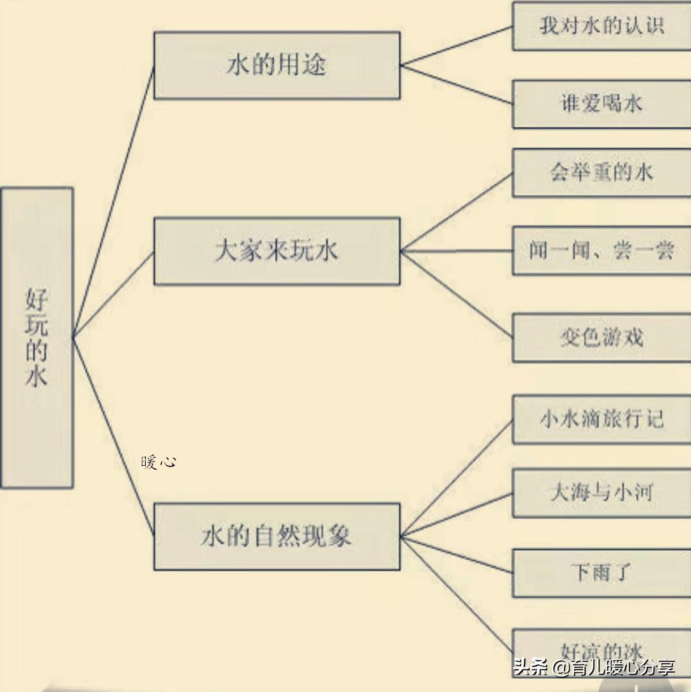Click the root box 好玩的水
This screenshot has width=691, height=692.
[37, 337]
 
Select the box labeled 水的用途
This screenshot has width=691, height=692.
[277, 66]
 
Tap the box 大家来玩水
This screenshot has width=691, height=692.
[277, 251]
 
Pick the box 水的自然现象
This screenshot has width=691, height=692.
[277, 537]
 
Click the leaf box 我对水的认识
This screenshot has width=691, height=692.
[601, 26]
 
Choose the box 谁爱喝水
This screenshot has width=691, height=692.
[601, 104]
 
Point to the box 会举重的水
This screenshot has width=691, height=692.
[601, 172]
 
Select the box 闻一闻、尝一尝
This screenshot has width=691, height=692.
[601, 251]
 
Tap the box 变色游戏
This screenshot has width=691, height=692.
[601, 338]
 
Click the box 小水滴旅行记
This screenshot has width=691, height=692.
[601, 420]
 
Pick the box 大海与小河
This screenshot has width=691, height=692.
[601, 493]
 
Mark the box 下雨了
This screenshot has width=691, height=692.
[601, 572]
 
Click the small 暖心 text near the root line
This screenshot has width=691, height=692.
[159, 462]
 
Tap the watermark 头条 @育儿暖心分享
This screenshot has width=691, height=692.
[594, 667]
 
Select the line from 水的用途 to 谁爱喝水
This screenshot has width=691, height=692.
[456, 85]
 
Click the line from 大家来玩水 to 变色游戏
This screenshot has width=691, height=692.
[456, 294]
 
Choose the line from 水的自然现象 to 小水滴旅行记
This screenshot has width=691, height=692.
[456, 479]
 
